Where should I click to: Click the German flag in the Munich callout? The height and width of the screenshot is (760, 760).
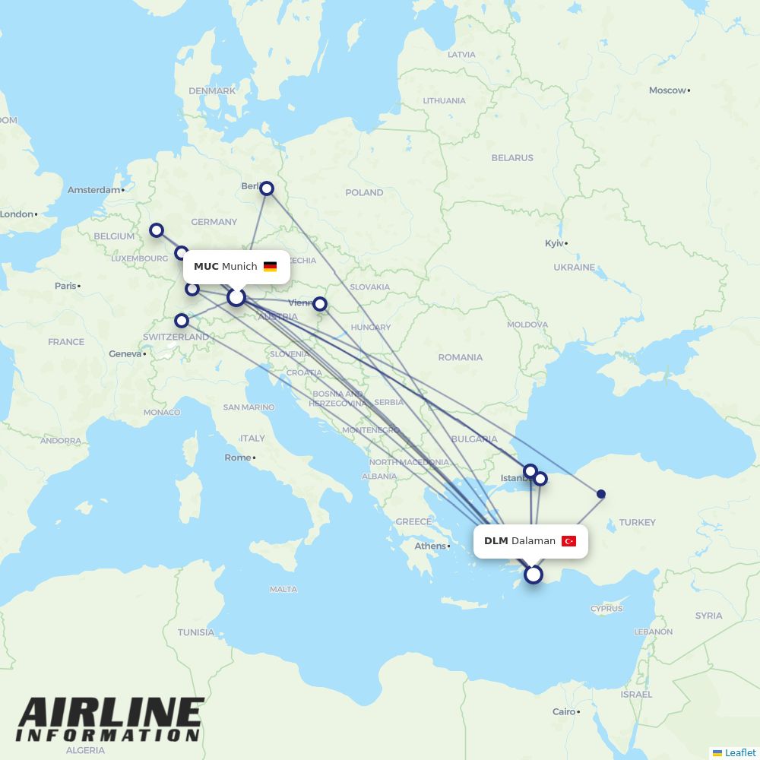point(270,267)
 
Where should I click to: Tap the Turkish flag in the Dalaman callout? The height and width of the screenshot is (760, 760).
point(568,541)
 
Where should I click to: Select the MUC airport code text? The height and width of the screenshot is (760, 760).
point(206,267)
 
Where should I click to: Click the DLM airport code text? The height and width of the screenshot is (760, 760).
point(496,541)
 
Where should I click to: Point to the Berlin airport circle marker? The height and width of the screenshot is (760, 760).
point(267,188)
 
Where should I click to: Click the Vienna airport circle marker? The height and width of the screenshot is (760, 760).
point(320,304)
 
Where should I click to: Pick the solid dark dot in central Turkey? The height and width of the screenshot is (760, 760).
point(601,494)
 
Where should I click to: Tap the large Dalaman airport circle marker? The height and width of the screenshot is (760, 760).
point(534,575)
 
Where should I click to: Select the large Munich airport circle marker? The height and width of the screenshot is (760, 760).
point(236,296)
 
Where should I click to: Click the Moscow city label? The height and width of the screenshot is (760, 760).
point(667,90)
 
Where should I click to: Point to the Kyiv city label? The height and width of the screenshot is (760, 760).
point(555,243)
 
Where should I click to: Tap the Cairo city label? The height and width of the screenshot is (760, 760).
point(564,712)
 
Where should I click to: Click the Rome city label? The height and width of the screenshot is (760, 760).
point(237,458)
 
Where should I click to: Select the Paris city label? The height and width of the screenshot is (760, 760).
point(65,286)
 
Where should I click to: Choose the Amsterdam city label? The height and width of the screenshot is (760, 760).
point(94,190)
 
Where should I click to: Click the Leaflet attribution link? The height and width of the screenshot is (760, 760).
point(740,752)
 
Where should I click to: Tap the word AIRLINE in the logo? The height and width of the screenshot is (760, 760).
point(111,713)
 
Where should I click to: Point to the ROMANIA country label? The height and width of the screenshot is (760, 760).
point(460,357)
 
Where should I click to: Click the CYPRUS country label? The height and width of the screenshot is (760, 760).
point(606,609)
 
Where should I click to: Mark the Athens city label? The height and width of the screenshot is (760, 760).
point(430,546)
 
